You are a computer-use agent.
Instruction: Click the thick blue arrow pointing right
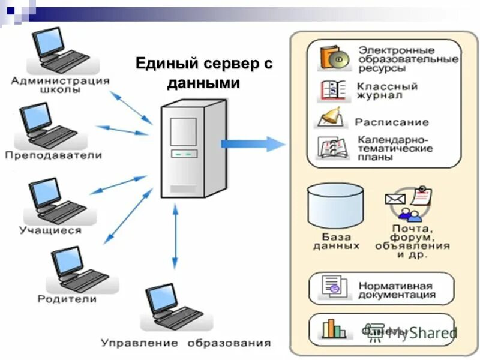(x=252, y=143)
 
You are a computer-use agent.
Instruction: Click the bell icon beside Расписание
(x=331, y=118)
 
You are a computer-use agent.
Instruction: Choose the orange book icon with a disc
(x=334, y=58)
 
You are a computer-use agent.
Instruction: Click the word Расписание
(x=391, y=122)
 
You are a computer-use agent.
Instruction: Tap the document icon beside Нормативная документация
(x=334, y=286)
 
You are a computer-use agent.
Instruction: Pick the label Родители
(x=67, y=298)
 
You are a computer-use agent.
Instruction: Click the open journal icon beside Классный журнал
(x=332, y=89)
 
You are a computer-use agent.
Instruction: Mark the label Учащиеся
(x=50, y=230)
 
